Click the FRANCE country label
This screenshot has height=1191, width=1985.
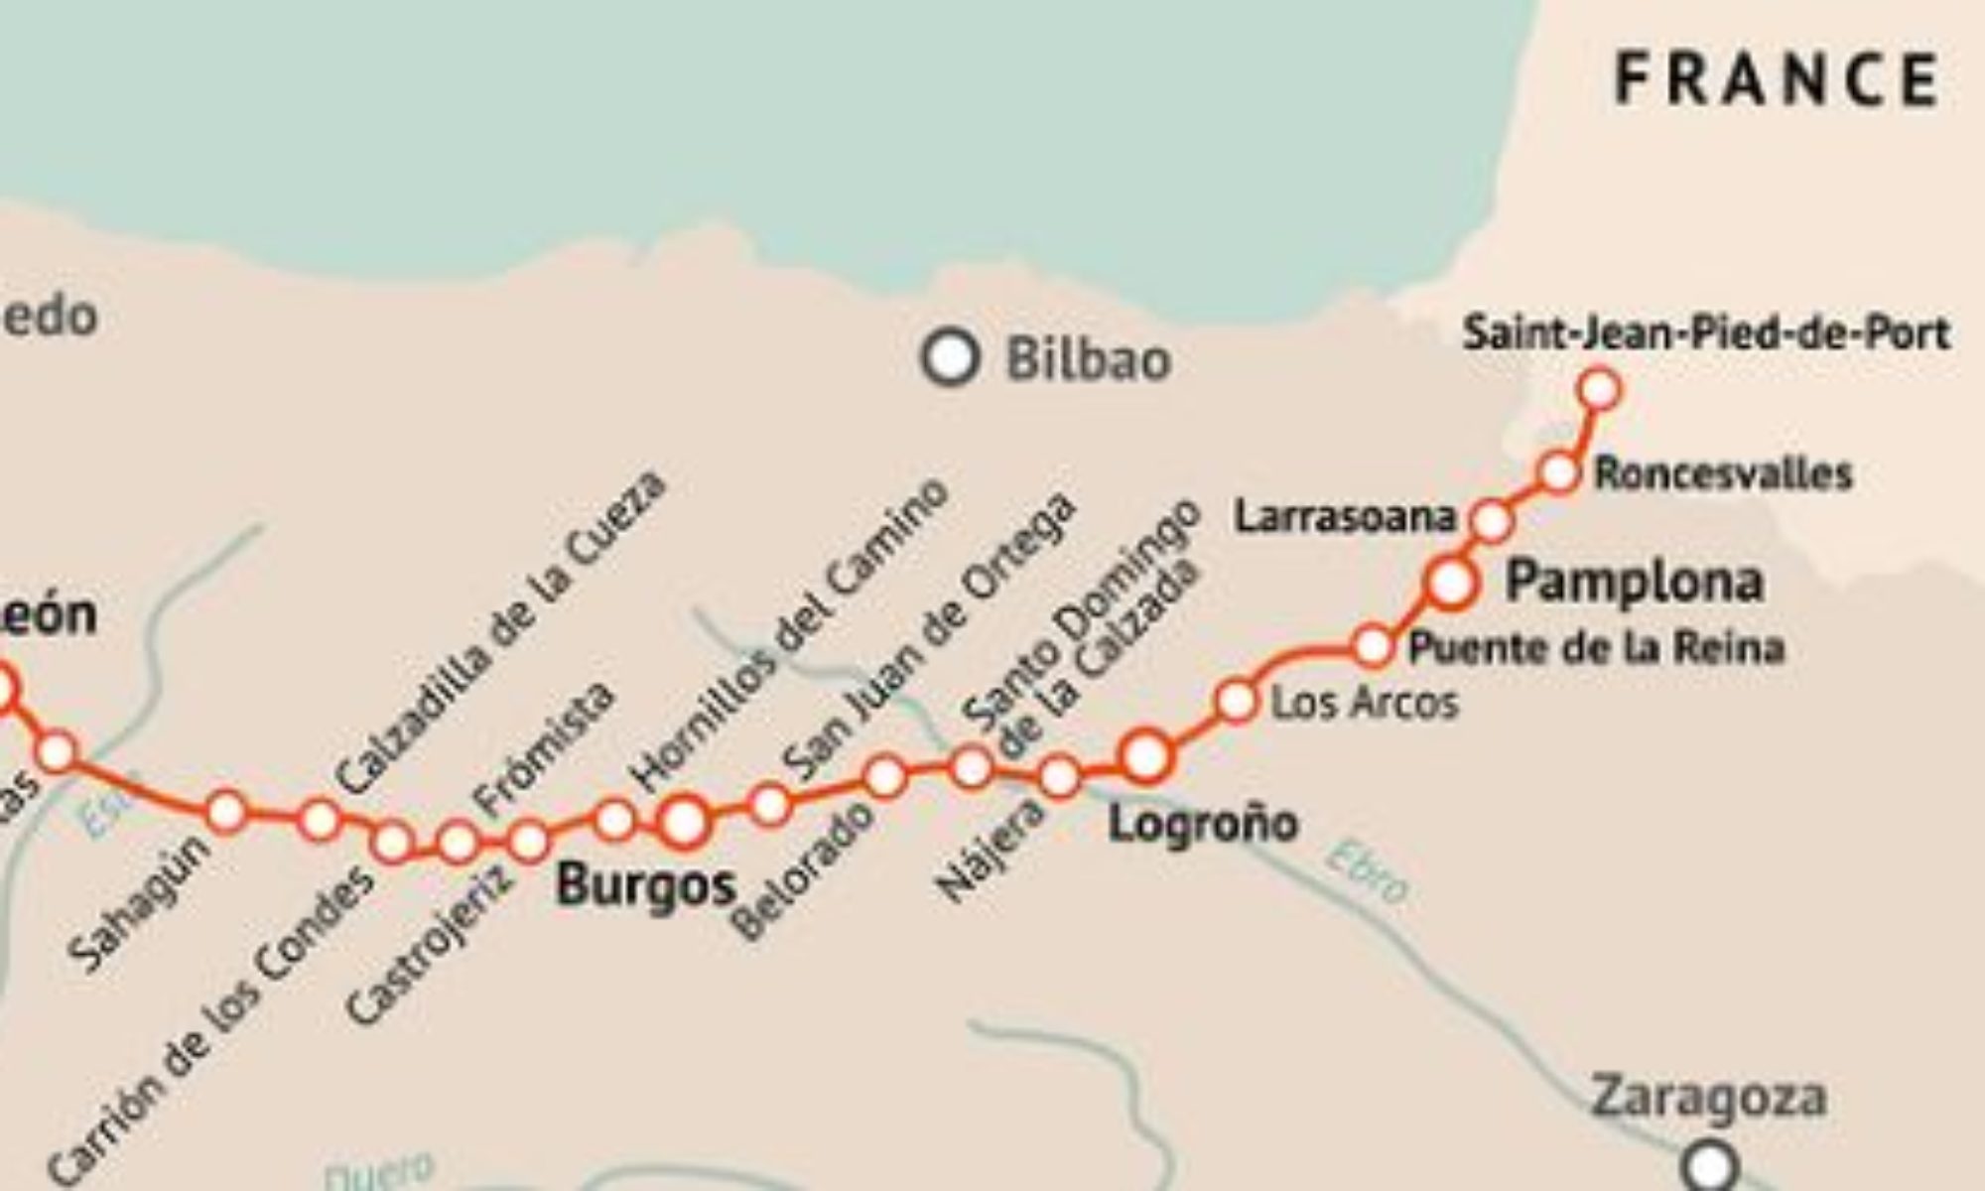[x=1777, y=79]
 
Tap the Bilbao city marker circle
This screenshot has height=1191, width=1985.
[x=950, y=357]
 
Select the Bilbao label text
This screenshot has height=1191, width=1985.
[x=1089, y=359]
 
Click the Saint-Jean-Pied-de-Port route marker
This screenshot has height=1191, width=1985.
[x=1599, y=389]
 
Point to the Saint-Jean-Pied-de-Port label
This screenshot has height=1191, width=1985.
[x=1706, y=333]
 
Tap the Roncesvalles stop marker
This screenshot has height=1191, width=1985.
[x=1559, y=472]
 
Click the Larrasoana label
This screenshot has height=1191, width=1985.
[x=1345, y=517]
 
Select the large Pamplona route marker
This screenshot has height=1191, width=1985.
[x=1451, y=583]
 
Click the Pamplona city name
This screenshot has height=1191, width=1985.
[x=1634, y=582]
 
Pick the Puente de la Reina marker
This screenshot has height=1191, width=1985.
[x=1374, y=647]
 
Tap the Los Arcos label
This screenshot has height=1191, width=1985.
[x=1365, y=704]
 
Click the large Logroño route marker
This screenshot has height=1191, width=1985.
[x=1145, y=757]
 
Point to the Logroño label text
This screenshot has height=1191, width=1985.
[x=1202, y=824]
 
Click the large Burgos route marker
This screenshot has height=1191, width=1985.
[x=684, y=822]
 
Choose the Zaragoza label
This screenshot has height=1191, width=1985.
[x=1708, y=1099]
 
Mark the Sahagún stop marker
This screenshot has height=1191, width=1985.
[x=227, y=811]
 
